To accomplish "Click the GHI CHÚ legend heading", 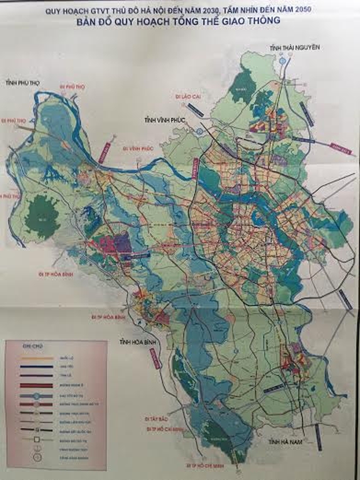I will pos(32,346).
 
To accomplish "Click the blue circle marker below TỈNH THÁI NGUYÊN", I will pos(282,60).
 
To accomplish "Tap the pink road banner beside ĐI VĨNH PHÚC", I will pos(105,152).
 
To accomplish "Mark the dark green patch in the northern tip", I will pos(242,87).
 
